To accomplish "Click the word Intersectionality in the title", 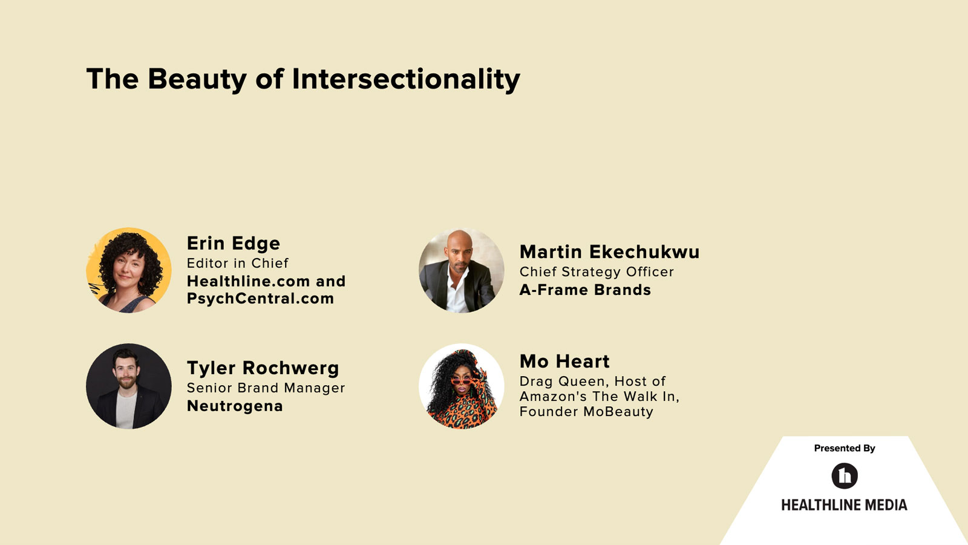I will point(406,79).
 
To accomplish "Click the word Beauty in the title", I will point(196,79).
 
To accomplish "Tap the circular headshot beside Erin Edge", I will point(129,270).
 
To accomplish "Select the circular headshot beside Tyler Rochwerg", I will point(129,386).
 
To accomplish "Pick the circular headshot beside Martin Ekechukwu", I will point(462,270).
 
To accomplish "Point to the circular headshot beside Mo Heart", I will point(462,386).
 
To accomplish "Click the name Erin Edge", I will point(233,243).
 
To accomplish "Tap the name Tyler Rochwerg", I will point(263,368).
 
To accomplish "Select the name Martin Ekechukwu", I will point(609,252).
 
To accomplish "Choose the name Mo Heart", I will point(564,362).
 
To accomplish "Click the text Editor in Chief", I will point(237,263).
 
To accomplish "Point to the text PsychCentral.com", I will point(260,299).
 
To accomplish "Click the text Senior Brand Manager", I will point(266,388).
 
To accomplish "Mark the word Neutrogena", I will point(235,406).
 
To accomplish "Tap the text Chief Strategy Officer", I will point(597,272).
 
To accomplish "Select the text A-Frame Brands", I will point(585,290).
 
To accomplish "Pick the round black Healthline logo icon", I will point(845,476).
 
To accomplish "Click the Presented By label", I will point(845,448).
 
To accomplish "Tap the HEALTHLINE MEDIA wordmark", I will point(844,505).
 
